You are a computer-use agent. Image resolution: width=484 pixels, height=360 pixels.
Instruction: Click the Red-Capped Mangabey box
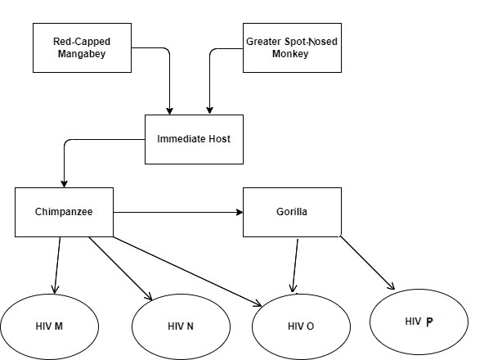click(x=82, y=48)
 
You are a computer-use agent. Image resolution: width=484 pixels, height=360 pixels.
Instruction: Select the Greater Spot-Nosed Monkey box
click(x=292, y=48)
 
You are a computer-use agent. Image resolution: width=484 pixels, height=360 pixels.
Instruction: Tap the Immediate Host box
click(x=194, y=139)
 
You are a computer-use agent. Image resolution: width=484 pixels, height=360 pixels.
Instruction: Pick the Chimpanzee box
click(x=65, y=212)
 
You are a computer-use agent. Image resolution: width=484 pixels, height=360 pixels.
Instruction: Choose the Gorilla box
click(x=292, y=212)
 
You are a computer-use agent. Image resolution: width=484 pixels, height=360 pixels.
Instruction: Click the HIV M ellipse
click(x=49, y=326)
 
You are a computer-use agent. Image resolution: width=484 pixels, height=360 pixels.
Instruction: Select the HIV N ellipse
click(x=181, y=326)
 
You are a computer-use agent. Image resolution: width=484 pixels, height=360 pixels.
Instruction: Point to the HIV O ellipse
click(x=301, y=326)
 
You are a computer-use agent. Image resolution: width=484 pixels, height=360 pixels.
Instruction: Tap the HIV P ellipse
click(x=419, y=322)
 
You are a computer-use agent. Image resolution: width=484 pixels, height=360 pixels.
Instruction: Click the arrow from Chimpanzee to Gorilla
click(x=178, y=212)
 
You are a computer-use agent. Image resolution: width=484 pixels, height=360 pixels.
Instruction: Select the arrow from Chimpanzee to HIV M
click(x=57, y=265)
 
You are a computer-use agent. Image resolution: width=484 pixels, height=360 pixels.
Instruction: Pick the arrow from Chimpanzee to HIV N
click(x=120, y=268)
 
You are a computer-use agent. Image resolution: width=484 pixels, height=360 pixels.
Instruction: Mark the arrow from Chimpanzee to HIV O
click(x=187, y=272)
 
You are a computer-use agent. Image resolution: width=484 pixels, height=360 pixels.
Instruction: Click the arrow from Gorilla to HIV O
click(x=295, y=265)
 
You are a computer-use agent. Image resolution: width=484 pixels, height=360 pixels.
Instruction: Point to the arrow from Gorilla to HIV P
click(x=367, y=263)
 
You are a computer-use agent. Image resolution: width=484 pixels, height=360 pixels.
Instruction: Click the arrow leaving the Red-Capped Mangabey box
click(x=169, y=62)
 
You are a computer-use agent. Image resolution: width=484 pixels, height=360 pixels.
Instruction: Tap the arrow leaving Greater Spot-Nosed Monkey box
click(x=210, y=65)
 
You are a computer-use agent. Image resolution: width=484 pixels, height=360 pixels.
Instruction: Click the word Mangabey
click(x=82, y=54)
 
